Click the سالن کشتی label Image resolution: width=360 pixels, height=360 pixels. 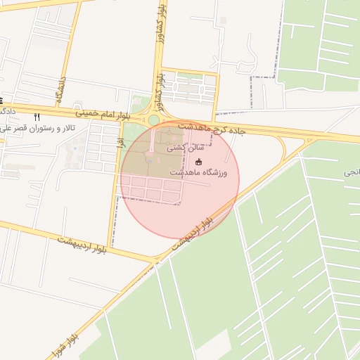[x=186, y=148]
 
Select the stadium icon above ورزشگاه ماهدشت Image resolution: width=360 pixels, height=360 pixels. [x=198, y=162]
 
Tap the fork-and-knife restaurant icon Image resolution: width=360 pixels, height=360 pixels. [x=37, y=117]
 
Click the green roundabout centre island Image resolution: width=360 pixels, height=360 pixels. [x=154, y=120]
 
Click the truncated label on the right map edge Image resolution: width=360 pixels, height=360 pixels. [x=352, y=172]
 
